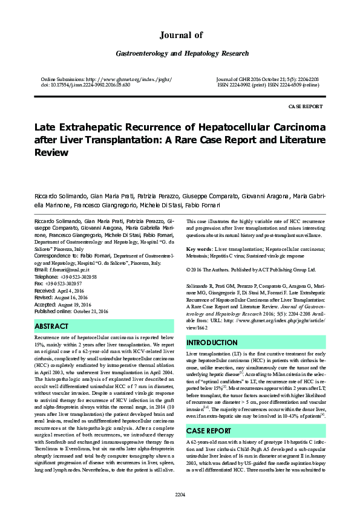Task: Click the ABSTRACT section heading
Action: tap(52, 326)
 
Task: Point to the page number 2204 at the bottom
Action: tap(180, 494)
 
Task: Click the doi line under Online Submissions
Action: tap(85, 85)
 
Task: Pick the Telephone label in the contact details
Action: tap(50, 276)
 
